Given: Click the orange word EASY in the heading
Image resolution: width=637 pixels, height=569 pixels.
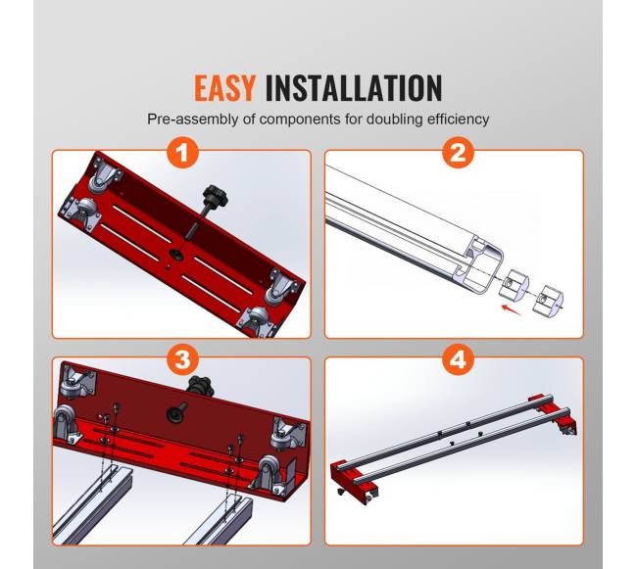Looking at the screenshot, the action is click(224, 88).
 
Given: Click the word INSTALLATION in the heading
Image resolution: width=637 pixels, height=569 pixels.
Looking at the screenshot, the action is click(354, 88).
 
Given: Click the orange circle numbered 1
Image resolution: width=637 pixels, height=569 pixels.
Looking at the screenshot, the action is click(183, 154).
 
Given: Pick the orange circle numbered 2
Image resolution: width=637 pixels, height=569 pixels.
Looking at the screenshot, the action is click(458, 154).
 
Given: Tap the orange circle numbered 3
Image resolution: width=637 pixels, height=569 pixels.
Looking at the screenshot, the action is click(183, 359).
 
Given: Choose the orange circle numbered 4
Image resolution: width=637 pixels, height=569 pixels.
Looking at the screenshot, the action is click(458, 359).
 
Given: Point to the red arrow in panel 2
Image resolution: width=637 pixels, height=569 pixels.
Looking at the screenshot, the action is click(512, 309).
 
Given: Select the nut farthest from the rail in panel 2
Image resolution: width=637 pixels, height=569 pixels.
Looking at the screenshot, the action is click(548, 300).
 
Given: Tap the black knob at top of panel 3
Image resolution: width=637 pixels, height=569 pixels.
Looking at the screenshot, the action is click(200, 385).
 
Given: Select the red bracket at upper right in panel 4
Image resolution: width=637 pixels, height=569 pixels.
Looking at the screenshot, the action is click(556, 413).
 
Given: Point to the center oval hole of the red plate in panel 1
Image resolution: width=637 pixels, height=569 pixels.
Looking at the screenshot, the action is click(176, 254).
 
